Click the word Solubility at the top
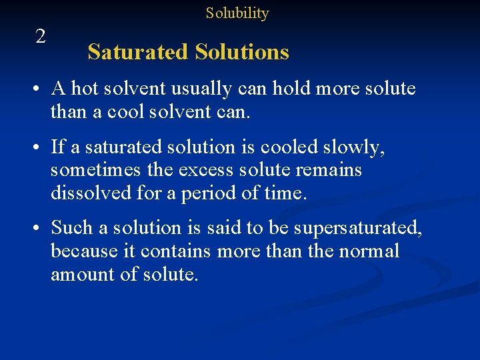(237, 13)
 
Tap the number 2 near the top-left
(41, 37)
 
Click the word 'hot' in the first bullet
(83, 89)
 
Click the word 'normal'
(369, 251)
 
